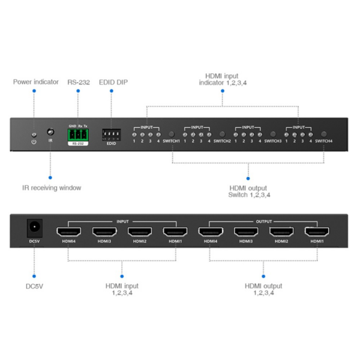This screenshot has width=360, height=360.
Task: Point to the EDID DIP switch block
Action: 111,134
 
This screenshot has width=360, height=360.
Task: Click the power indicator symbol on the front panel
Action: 34,141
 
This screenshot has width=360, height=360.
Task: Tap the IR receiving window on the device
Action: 50,131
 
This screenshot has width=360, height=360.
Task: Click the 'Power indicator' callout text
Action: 36,82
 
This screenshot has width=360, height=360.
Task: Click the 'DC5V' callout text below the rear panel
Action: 35,286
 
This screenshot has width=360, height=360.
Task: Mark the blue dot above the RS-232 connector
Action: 78,91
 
